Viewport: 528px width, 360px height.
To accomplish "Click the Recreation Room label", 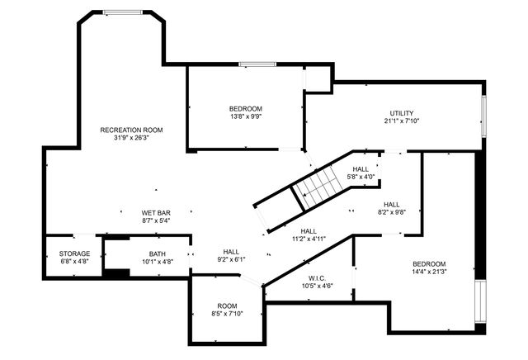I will (131, 130).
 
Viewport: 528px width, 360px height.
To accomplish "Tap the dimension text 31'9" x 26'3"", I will (131, 138).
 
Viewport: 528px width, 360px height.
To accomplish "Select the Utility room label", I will (402, 113).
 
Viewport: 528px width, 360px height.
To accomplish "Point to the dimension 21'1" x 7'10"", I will (402, 121).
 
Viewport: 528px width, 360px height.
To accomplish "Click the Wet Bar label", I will (156, 213).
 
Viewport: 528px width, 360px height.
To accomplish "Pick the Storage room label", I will (74, 253).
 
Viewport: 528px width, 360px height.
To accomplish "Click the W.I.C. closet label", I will (318, 277).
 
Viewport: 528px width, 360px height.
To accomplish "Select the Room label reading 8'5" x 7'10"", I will (227, 306).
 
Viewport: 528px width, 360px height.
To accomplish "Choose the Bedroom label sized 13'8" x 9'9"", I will (245, 109).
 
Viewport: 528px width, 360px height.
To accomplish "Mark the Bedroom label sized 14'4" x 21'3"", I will (429, 263).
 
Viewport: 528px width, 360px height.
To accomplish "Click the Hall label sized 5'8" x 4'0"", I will (361, 168).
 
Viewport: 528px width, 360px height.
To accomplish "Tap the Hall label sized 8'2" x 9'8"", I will (391, 204).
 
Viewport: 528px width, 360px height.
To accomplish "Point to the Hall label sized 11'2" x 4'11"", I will (309, 231).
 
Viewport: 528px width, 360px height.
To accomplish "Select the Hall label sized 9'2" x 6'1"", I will (231, 252).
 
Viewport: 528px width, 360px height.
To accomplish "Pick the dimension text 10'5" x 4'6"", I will (318, 286).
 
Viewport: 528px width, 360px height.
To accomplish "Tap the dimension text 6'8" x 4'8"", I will (74, 262).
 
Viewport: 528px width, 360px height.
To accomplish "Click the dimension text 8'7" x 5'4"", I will (156, 221).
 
